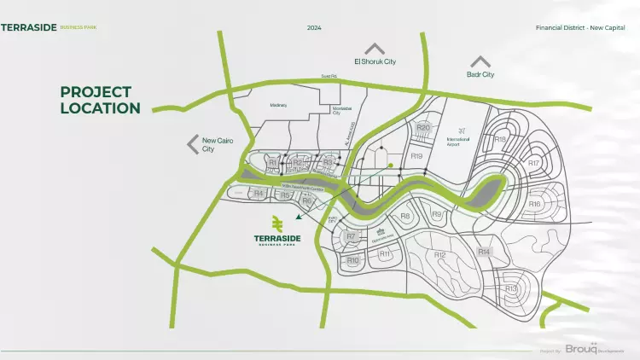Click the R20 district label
click(422, 128)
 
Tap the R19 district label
click(416, 156)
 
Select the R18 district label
click(500, 139)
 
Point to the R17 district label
click(533, 162)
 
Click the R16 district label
click(534, 204)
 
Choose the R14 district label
click(484, 252)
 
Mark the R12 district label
click(439, 255)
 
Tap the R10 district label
click(352, 260)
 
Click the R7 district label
click(350, 236)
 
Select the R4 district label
click(259, 194)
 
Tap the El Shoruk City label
click(375, 61)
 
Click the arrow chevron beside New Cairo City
click(193, 144)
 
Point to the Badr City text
click(480, 75)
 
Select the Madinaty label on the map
click(278, 105)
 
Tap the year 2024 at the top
click(314, 27)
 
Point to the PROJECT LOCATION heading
click(100, 100)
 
